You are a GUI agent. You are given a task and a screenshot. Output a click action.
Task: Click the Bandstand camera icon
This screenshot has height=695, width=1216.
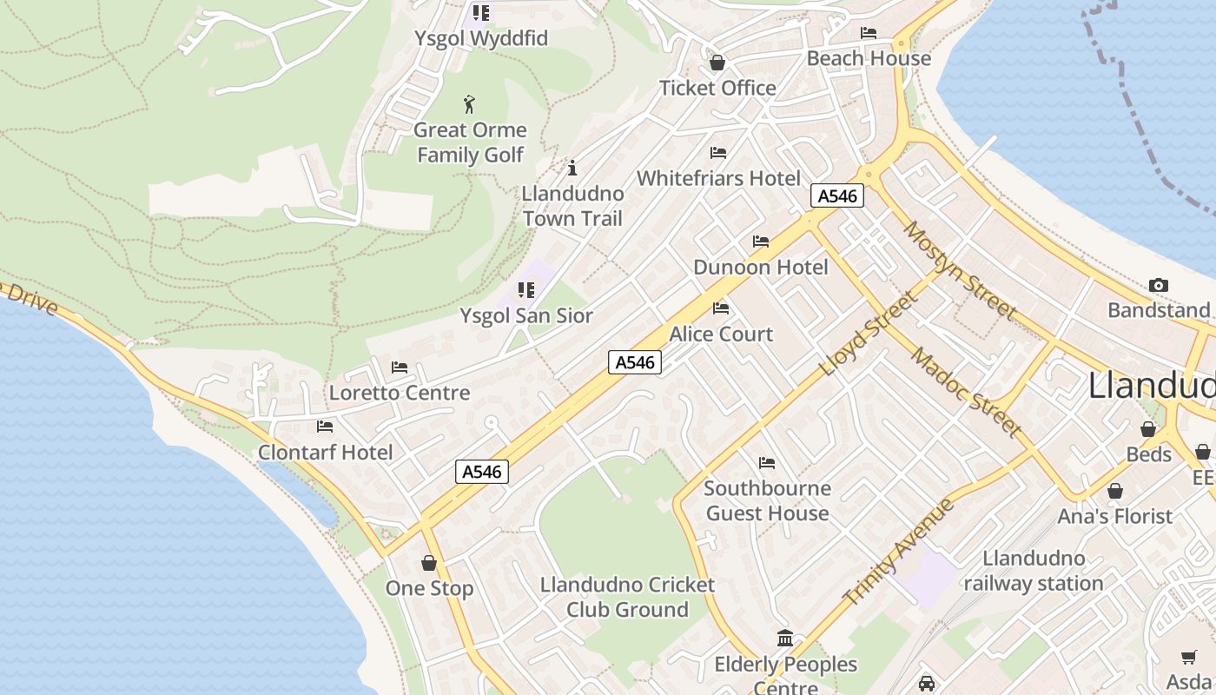pos(1158,285)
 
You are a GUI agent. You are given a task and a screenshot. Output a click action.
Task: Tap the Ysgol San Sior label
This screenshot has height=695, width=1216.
pos(526,315)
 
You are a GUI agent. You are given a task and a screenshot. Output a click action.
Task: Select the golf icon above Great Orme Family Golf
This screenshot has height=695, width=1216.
pos(470,104)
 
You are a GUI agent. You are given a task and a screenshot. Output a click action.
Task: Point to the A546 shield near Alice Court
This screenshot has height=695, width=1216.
pos(635,362)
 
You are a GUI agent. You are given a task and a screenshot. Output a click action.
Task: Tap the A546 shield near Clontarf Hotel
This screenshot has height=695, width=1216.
pos(482,472)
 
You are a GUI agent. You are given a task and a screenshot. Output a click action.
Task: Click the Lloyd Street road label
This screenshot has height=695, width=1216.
pos(869,334)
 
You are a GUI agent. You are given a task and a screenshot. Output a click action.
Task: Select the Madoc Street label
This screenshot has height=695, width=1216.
pos(966,391)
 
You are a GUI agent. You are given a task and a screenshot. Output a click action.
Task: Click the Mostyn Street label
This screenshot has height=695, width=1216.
pos(960,269)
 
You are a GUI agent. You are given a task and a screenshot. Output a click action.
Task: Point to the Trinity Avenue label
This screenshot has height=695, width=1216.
pos(899,552)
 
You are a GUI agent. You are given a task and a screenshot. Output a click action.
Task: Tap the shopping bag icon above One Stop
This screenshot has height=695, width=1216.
pos(428,563)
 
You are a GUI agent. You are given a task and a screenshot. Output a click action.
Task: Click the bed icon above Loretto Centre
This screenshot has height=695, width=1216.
pos(400,367)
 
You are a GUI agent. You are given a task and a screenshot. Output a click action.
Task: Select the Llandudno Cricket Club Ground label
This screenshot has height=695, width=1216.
pos(627,597)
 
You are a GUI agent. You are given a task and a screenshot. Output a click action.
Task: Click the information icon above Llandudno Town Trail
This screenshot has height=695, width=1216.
pos(572,168)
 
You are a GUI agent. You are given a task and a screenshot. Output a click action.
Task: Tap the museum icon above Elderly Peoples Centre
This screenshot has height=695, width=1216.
pos(785,639)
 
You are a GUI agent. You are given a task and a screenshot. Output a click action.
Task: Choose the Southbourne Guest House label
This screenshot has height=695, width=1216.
pos(767,500)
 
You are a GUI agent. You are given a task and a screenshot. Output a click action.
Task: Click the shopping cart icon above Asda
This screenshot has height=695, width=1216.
pos(1188,657)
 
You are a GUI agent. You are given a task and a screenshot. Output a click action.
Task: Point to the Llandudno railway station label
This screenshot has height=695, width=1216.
pos(1034,571)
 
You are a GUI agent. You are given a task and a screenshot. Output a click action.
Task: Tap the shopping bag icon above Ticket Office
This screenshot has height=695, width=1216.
pos(717,63)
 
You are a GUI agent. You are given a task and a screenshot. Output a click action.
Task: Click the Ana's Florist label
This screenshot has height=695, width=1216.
pos(1115,516)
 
